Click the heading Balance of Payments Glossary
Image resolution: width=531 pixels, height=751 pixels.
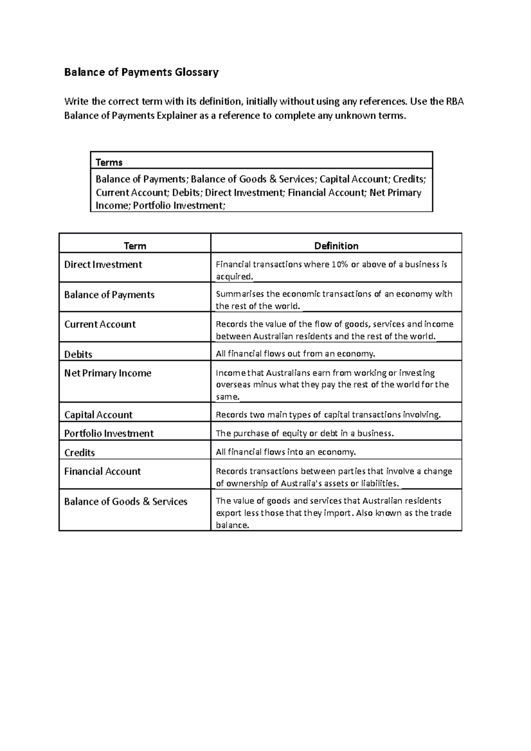pyautogui.click(x=141, y=72)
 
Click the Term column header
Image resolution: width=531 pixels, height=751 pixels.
pyautogui.click(x=135, y=246)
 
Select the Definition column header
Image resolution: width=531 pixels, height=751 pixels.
pyautogui.click(x=336, y=246)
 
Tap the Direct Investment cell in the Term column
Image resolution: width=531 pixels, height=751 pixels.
pyautogui.click(x=103, y=264)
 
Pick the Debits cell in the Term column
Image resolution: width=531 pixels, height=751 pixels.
pyautogui.click(x=78, y=354)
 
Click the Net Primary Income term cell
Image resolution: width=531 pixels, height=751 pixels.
pyautogui.click(x=108, y=373)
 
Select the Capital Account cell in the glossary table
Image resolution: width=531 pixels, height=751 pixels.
pyautogui.click(x=98, y=415)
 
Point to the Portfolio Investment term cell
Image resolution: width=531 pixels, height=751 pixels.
pyautogui.click(x=109, y=433)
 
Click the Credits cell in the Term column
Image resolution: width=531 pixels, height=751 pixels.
pyautogui.click(x=80, y=452)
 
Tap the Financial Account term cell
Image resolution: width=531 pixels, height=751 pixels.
pyautogui.click(x=102, y=471)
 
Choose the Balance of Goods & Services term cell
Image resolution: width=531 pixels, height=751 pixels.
pyautogui.click(x=126, y=502)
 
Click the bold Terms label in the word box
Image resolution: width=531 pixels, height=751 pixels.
pyautogui.click(x=109, y=162)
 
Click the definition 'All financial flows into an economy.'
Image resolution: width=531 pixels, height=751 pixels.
pyautogui.click(x=285, y=452)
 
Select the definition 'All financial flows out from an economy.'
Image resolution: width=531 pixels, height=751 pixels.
pyautogui.click(x=295, y=354)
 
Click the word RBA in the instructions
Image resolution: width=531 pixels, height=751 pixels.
pyautogui.click(x=454, y=102)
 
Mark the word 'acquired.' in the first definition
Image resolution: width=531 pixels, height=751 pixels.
pyautogui.click(x=235, y=277)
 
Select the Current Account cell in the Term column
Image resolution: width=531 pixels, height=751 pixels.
pyautogui.click(x=100, y=324)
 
